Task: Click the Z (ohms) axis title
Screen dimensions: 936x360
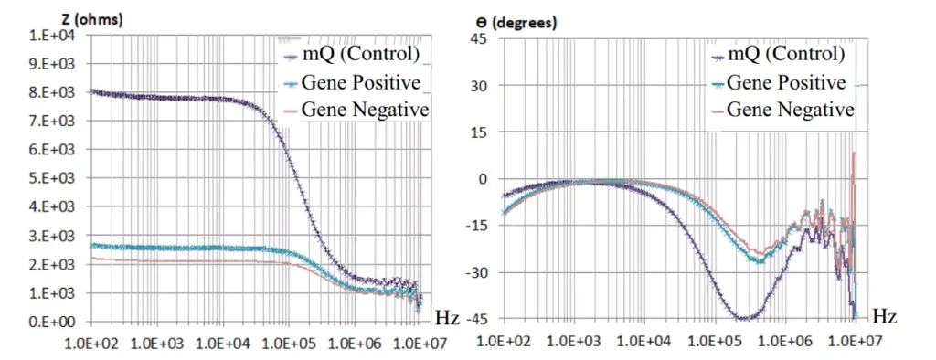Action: tap(92, 20)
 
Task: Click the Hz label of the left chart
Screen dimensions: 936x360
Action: tap(447, 317)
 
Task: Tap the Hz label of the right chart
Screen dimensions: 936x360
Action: tap(885, 317)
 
